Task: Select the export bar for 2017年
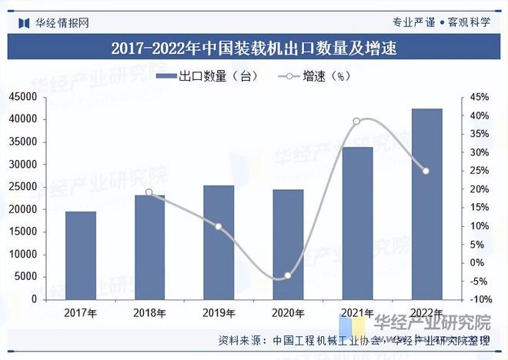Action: click(x=81, y=255)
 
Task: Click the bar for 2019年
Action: click(x=219, y=242)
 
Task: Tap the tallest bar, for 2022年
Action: click(x=426, y=203)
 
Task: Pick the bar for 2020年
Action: click(x=288, y=244)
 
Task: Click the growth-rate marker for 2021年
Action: click(x=356, y=122)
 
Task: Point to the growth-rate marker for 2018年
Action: click(x=149, y=193)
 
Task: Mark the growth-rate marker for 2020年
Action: click(x=288, y=275)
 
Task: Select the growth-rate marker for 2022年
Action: click(x=426, y=171)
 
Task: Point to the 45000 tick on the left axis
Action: click(x=24, y=97)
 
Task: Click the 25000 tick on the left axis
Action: click(x=24, y=187)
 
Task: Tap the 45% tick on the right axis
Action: click(x=480, y=97)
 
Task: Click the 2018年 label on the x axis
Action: click(x=149, y=312)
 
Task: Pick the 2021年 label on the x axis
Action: click(x=356, y=312)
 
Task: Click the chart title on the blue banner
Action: click(x=253, y=48)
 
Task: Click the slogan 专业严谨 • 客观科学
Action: click(x=441, y=22)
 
